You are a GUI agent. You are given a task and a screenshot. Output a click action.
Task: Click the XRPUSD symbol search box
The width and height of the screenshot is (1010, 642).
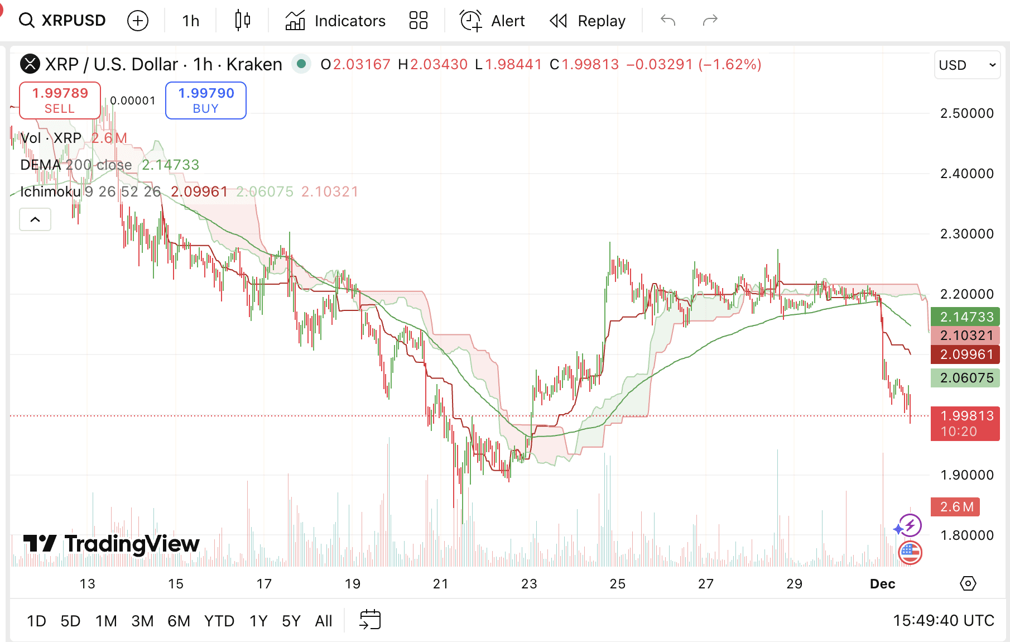(x=62, y=21)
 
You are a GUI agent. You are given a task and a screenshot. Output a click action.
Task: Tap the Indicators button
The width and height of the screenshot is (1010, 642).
(x=335, y=21)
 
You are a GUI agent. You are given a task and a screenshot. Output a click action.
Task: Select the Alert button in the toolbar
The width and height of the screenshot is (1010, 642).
(x=492, y=21)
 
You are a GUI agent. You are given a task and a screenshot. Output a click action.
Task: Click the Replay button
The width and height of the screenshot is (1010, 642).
(x=588, y=21)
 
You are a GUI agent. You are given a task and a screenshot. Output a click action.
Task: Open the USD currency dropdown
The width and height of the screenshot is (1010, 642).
(x=967, y=65)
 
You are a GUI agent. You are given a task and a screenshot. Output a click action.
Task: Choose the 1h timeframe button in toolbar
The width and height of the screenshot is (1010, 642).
(x=190, y=21)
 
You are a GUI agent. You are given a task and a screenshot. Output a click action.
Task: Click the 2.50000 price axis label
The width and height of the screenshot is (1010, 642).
(x=966, y=113)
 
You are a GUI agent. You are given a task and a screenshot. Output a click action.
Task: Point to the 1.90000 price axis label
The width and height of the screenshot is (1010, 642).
(x=966, y=475)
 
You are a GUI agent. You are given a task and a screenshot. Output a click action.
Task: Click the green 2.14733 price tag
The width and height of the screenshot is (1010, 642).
(x=965, y=317)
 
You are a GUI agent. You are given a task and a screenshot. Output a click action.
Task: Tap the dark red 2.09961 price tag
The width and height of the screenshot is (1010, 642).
(x=965, y=354)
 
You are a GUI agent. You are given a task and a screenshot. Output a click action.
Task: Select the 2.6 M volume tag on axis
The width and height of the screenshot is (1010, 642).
(x=956, y=507)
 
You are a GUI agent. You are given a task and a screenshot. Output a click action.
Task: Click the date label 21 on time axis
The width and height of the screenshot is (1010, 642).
(x=440, y=584)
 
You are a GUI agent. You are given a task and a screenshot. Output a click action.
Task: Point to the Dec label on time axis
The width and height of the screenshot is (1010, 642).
(x=882, y=584)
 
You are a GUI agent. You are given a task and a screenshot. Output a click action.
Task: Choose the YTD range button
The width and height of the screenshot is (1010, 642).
(x=219, y=621)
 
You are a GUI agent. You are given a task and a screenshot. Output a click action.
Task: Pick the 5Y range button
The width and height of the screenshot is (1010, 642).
(x=291, y=621)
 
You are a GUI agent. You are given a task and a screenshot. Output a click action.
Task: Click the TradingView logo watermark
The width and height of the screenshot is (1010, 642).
(x=111, y=544)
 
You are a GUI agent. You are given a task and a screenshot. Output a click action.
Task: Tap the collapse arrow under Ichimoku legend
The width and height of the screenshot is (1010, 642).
(x=35, y=219)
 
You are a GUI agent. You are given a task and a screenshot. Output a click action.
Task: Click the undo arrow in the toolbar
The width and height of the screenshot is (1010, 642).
(x=668, y=21)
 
